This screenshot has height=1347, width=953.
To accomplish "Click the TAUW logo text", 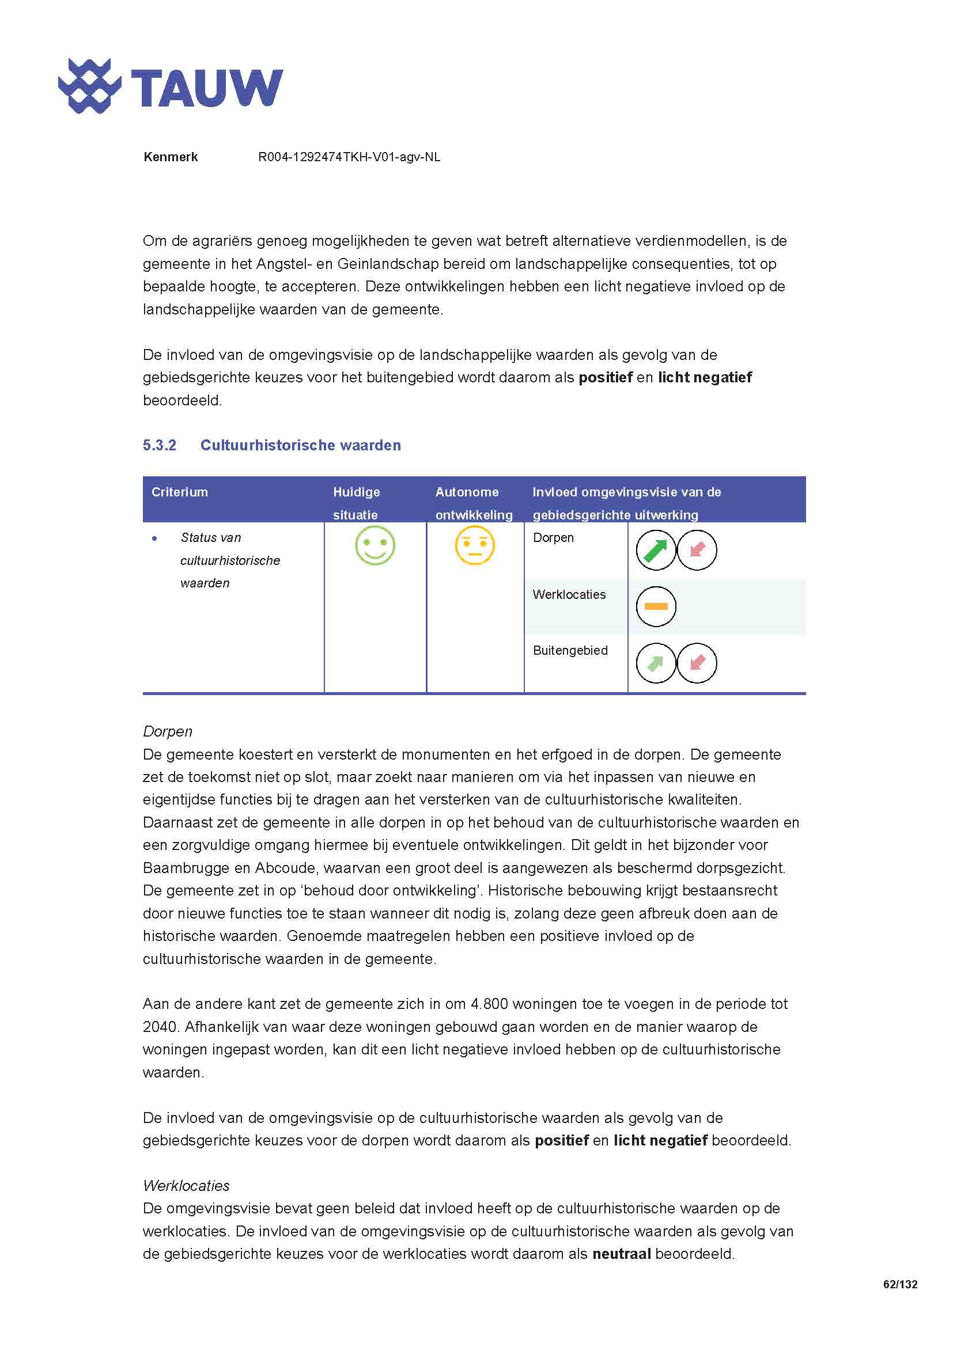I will click(207, 88).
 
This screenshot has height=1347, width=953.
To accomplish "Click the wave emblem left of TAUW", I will click(89, 86).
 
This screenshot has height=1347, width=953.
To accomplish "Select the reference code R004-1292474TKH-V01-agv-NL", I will click(349, 157).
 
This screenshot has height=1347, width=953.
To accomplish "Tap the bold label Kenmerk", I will click(170, 157).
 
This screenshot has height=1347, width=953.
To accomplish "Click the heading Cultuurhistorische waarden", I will click(300, 445).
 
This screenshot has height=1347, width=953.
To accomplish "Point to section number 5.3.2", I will click(159, 445).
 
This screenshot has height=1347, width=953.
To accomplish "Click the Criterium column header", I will click(180, 492).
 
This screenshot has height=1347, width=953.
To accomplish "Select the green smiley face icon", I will click(375, 545).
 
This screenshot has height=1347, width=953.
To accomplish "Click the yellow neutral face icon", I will click(475, 545).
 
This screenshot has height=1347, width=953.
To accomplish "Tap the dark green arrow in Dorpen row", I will click(656, 551).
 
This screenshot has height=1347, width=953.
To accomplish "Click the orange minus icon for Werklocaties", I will click(656, 606).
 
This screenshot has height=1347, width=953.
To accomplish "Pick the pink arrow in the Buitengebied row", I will click(697, 663).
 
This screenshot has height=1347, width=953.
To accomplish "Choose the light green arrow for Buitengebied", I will click(656, 663).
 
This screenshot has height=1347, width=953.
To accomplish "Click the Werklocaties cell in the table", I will click(569, 594).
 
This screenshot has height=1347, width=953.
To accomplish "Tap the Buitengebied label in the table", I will click(570, 650).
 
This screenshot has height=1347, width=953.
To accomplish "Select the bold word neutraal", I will click(622, 1254).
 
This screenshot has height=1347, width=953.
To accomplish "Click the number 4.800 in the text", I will click(489, 1004).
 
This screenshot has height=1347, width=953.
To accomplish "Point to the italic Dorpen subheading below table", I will click(167, 731).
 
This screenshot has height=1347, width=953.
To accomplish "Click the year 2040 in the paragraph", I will click(160, 1027).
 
